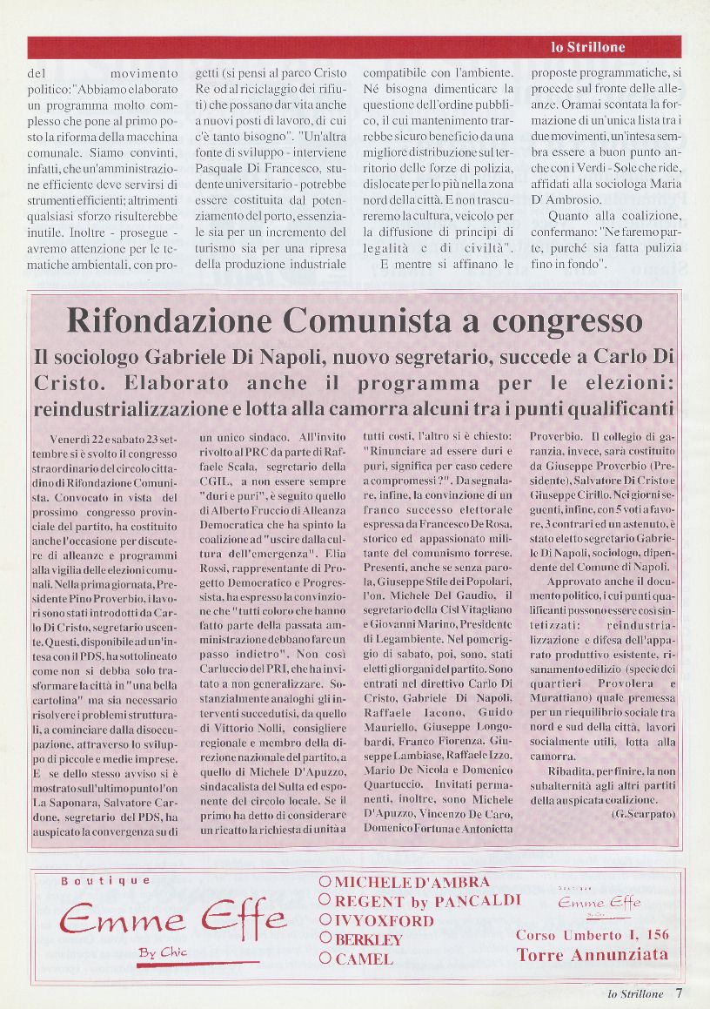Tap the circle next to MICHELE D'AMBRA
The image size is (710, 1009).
click(x=325, y=882)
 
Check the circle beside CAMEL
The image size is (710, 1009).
click(x=325, y=959)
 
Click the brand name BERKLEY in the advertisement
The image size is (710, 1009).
click(x=368, y=940)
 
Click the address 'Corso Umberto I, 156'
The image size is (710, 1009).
click(x=593, y=935)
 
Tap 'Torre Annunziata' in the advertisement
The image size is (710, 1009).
click(x=593, y=954)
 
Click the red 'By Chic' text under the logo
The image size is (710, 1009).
click(x=163, y=952)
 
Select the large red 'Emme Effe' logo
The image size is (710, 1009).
click(x=172, y=918)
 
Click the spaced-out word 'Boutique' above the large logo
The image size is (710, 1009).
click(x=105, y=880)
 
